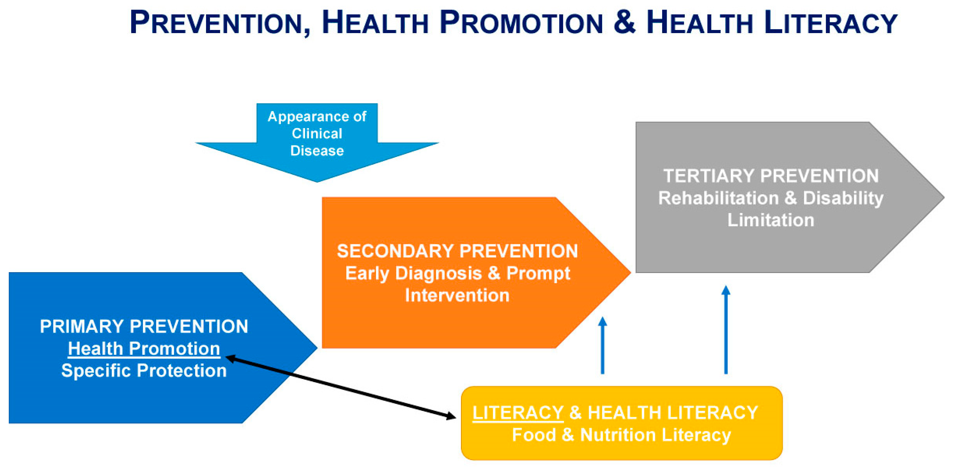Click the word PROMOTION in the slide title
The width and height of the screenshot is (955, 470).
pos(521,23)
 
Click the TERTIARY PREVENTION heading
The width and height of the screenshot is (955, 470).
pos(771,176)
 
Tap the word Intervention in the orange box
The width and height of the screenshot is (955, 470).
pos(457,296)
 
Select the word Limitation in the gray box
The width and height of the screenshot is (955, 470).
pos(771,220)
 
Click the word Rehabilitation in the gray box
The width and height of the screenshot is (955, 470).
pos(718,198)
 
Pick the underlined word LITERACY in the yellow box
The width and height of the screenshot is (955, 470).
pos(518,413)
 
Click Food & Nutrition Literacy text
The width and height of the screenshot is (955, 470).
pos(621,435)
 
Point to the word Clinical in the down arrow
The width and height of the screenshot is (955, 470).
pos(317,133)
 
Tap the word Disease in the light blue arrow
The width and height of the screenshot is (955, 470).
pos(317,151)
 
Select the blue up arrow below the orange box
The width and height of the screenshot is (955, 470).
pos(602,346)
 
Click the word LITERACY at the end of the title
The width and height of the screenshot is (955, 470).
pos(830,23)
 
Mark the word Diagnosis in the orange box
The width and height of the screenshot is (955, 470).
pos(439,274)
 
